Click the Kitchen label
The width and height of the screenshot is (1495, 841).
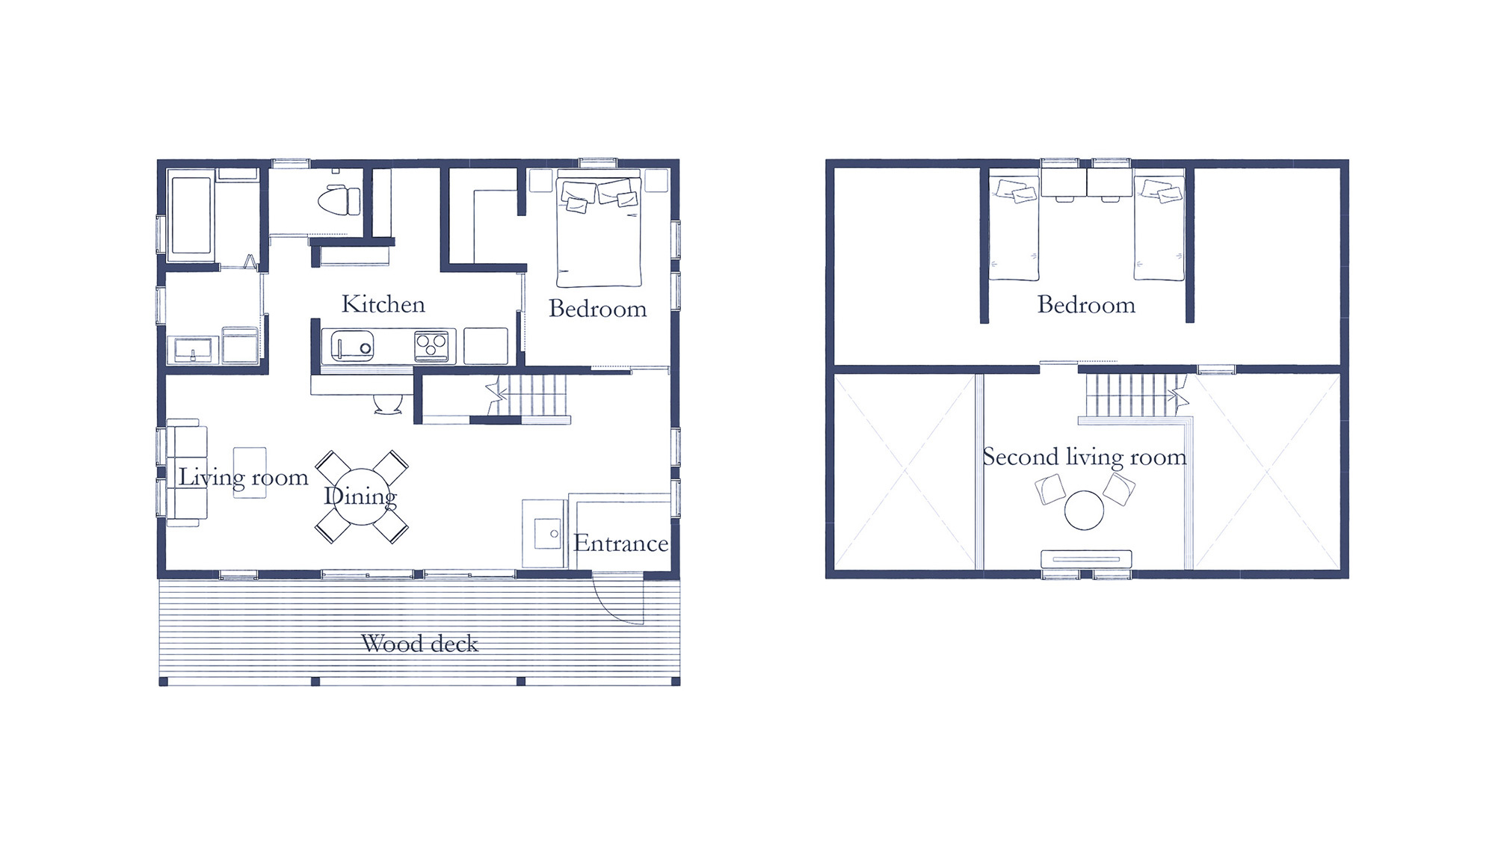[x=383, y=304]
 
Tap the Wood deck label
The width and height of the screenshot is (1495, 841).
[x=419, y=644]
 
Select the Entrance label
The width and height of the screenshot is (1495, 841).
[x=620, y=543]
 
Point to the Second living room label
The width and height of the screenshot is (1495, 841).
[x=1085, y=458]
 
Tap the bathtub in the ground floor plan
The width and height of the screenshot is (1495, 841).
[x=191, y=215]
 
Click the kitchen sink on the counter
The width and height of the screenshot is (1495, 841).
[x=352, y=346]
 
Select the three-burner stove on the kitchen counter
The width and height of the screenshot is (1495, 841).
[x=432, y=346]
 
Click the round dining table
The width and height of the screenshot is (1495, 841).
[x=362, y=496]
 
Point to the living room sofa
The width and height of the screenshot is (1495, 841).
[x=185, y=472]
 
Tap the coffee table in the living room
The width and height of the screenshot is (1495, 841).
[x=250, y=472]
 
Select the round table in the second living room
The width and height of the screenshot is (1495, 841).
[x=1084, y=510]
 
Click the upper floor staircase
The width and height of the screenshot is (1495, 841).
[x=1133, y=395]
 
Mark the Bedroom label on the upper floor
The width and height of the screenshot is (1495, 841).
[x=1086, y=305]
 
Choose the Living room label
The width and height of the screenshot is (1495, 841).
[x=243, y=478]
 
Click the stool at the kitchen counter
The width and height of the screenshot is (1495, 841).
[x=388, y=404]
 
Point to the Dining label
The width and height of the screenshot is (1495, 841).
[x=360, y=496]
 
